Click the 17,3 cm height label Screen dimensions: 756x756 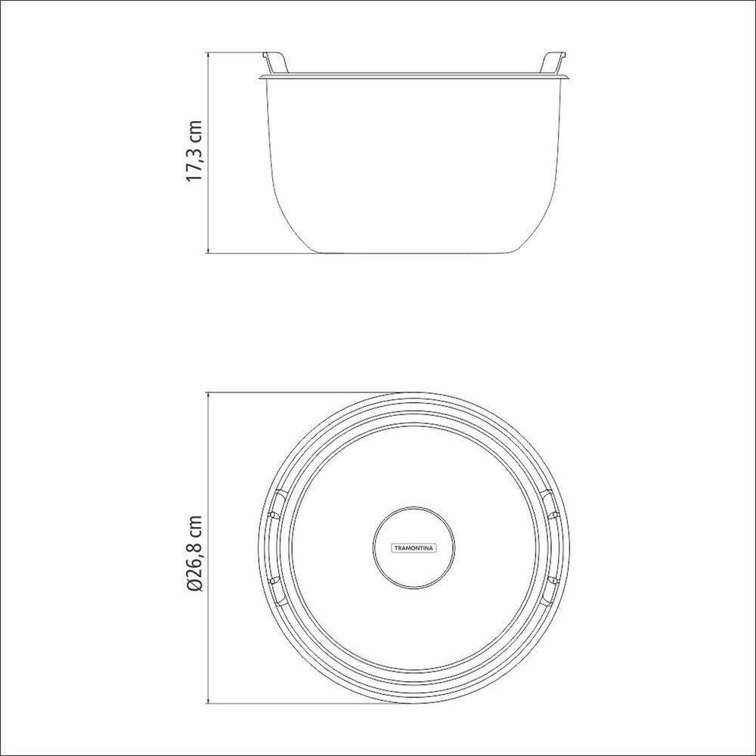pyautogui.click(x=196, y=150)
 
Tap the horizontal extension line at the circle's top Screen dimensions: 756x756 pyautogui.click(x=302, y=392)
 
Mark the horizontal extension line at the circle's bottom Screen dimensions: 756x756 pyautogui.click(x=302, y=700)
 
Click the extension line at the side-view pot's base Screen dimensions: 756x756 pyautogui.click(x=249, y=253)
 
